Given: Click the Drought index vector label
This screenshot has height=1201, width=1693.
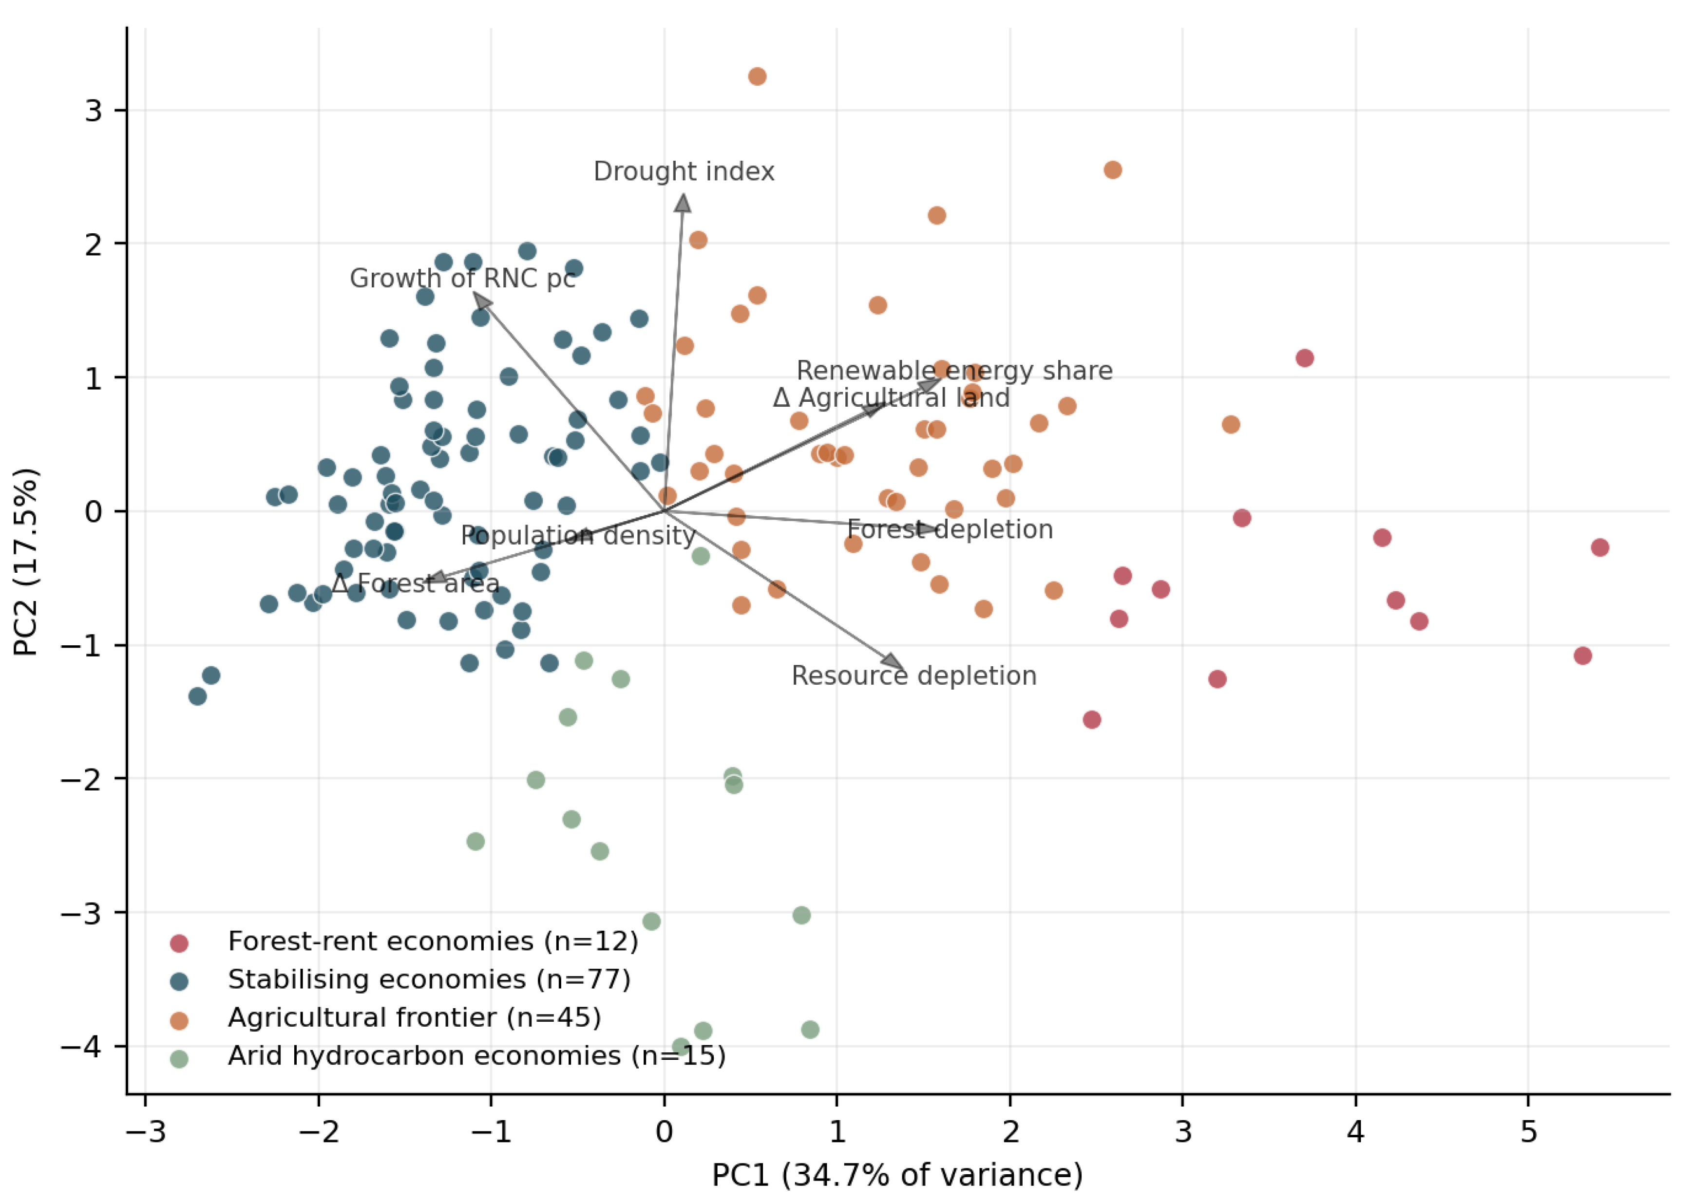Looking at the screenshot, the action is tap(684, 171).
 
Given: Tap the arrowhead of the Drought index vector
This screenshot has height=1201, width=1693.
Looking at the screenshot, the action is tap(683, 203).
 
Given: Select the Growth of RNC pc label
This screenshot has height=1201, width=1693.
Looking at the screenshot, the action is tap(462, 279).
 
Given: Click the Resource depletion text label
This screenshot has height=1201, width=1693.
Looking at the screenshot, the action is tap(914, 676).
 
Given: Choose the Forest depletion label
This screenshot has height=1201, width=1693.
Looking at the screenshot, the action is tap(950, 529).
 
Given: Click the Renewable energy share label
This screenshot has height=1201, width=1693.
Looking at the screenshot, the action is tap(954, 371).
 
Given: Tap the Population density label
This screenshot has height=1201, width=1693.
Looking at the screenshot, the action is tap(578, 535).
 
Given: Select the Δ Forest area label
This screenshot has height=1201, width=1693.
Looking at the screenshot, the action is tap(416, 583).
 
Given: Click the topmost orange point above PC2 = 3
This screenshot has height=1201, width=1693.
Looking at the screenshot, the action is tap(757, 76).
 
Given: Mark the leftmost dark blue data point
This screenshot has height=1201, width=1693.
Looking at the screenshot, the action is tap(197, 696).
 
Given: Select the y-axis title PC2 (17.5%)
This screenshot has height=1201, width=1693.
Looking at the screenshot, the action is tap(26, 562).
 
